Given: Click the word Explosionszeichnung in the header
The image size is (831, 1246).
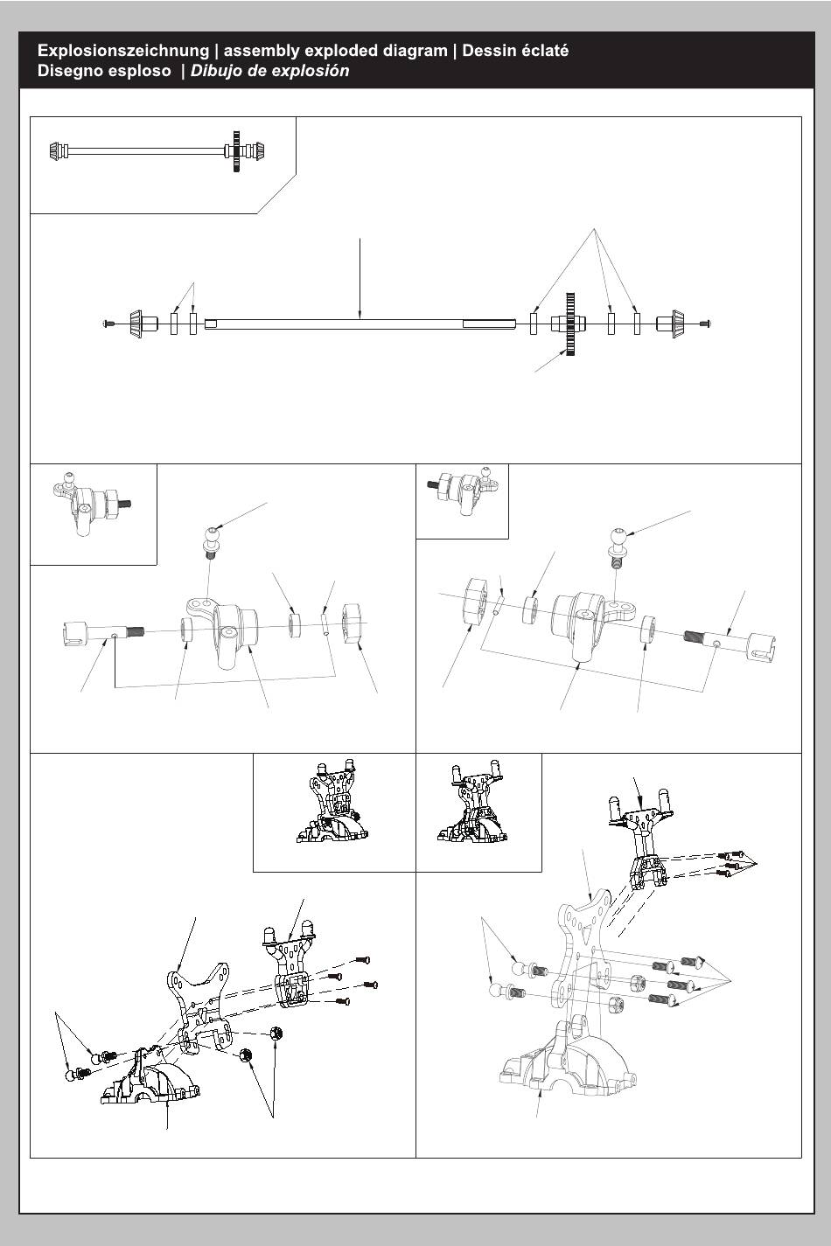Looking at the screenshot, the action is [123, 52].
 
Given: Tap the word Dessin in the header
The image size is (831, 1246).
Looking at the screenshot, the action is [489, 51].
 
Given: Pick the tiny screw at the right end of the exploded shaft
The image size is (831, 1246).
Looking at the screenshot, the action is [705, 323].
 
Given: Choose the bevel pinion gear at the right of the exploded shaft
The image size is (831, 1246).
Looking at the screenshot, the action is [670, 323].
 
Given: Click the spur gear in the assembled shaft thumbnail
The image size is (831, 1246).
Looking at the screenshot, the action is [236, 150].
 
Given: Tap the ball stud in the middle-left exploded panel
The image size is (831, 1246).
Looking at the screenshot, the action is [209, 543].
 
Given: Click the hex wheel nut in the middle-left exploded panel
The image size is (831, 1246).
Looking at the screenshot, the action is [353, 623].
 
